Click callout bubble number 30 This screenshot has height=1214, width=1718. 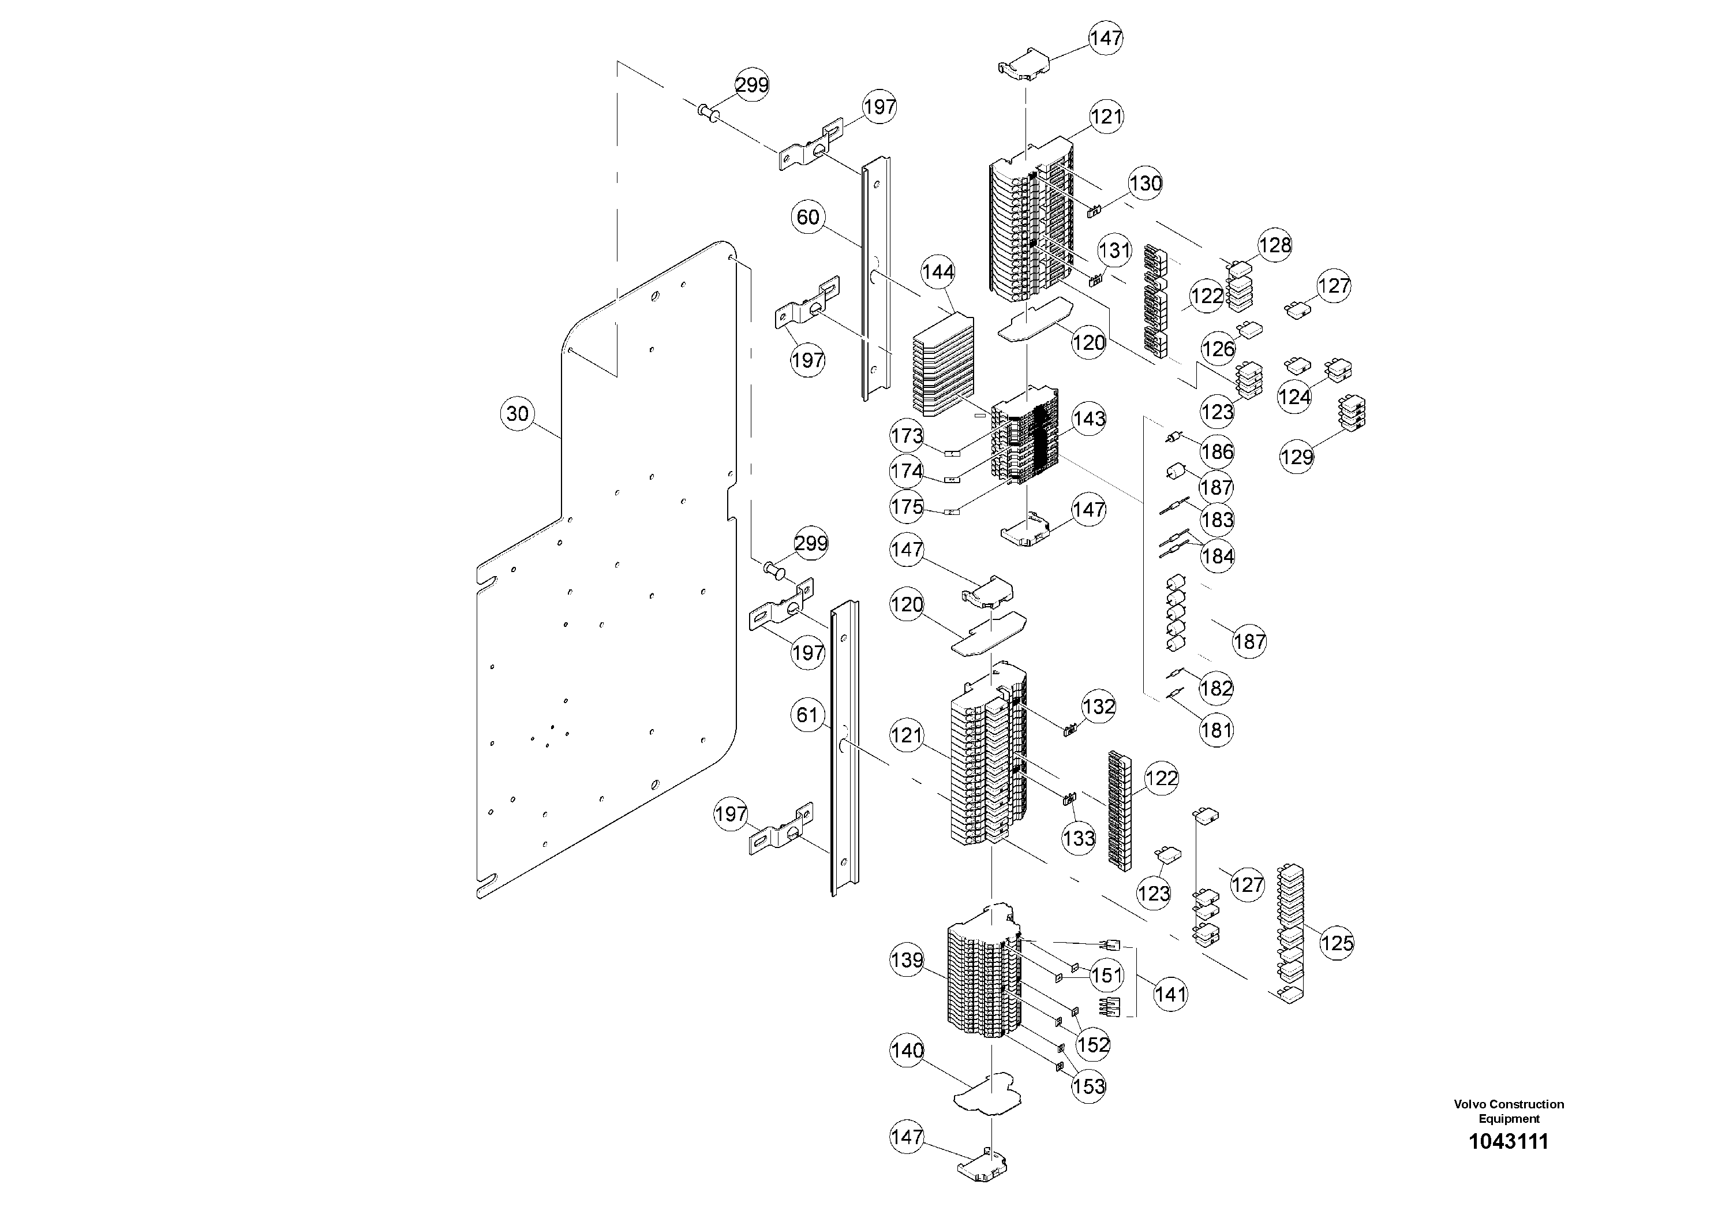tap(517, 414)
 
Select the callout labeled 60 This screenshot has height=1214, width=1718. tap(807, 218)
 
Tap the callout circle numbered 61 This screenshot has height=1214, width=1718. tap(807, 715)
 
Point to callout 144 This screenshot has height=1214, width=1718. tap(938, 272)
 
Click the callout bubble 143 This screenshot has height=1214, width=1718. tap(1089, 419)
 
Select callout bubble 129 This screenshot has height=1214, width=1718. tap(1297, 457)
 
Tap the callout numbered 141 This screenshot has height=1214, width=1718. tap(1170, 994)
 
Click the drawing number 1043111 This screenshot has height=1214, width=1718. tap(1509, 1141)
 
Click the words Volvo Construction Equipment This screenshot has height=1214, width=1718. tap(1509, 1111)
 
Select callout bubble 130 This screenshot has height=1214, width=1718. tap(1145, 184)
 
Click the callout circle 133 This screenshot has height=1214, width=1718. tap(1078, 839)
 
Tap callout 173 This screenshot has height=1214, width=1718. tap(907, 436)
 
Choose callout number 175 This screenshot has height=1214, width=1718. tap(907, 507)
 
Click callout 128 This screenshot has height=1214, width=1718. tap(1274, 245)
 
